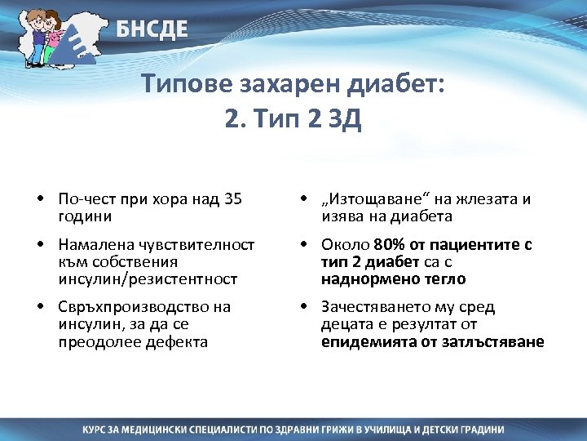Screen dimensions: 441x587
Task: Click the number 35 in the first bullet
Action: (233, 199)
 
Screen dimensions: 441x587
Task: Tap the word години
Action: (86, 216)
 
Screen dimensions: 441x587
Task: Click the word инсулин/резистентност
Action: (148, 278)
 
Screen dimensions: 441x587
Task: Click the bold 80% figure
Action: (389, 245)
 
